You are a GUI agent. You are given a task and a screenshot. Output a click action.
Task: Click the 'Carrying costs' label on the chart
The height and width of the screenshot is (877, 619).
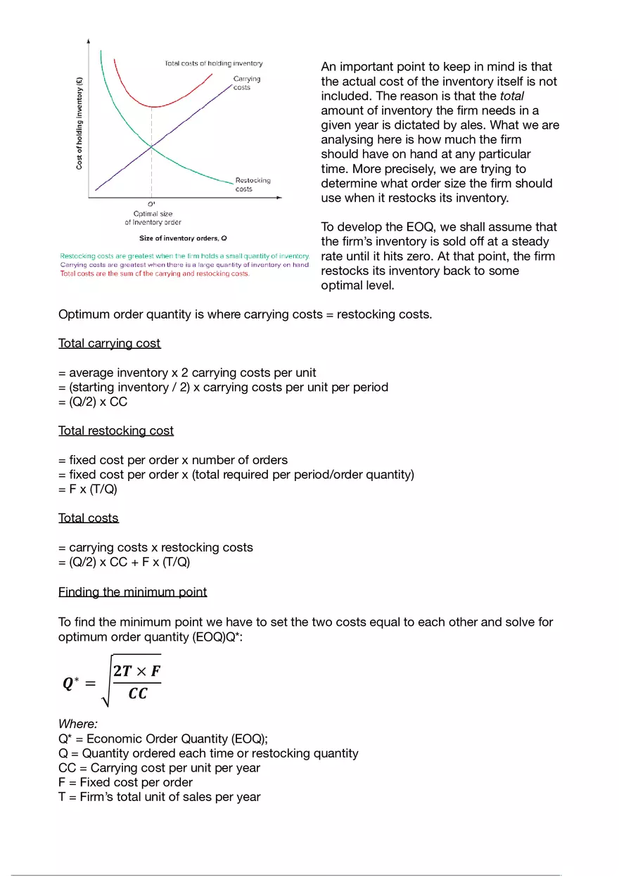pos(246,83)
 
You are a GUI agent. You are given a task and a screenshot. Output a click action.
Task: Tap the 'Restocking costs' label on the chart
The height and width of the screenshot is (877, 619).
pos(253,184)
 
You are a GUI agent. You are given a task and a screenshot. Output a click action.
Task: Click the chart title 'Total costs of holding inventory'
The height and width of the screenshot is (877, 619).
pos(213,63)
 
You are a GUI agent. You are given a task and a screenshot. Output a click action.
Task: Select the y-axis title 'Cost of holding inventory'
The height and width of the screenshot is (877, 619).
pos(79,123)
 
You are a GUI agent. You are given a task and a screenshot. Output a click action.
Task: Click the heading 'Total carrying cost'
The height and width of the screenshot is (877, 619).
pos(109,343)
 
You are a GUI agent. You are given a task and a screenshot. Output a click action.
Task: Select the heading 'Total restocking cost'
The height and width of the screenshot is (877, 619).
pos(115,430)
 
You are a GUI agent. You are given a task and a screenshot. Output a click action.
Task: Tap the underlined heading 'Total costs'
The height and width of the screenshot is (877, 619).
pos(88,518)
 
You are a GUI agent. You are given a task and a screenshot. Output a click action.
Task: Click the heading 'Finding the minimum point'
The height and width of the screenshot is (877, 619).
pos(132,591)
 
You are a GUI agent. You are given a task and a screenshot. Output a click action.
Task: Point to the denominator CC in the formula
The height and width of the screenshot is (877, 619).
pos(138,694)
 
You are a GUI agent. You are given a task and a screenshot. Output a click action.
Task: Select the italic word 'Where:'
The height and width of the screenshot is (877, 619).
pos(78,724)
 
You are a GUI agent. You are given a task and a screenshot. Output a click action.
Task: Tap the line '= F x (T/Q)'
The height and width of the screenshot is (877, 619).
pos(88,489)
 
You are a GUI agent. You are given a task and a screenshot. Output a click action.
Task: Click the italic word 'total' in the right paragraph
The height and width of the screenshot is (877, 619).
pos(512,96)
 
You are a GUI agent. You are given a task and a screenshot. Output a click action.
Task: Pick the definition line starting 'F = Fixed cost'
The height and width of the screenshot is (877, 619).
pos(125,782)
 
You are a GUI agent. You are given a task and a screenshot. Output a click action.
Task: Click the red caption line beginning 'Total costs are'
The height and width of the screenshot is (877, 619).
pos(154,274)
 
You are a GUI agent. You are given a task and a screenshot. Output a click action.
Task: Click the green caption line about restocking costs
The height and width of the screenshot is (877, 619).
pos(184,256)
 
